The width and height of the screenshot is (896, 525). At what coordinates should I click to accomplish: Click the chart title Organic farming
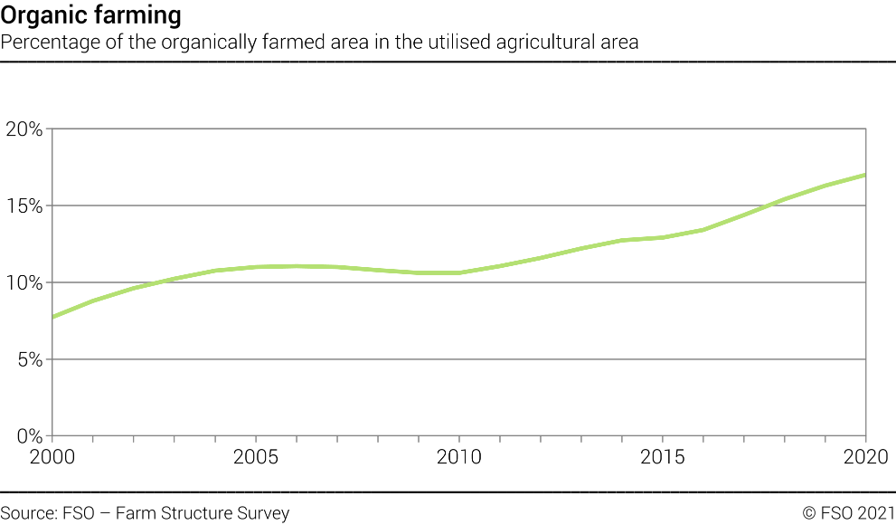pos(90,15)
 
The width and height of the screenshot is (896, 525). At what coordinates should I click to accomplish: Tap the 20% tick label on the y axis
pos(24,129)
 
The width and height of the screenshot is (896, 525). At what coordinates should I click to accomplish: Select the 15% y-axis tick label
pos(24,205)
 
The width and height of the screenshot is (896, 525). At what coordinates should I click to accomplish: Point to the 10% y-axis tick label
pos(24,282)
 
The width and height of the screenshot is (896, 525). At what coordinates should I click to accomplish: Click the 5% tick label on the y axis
pos(29,359)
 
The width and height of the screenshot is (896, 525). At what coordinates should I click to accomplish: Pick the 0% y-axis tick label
pos(29,435)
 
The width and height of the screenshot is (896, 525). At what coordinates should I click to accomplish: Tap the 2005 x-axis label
pos(257,456)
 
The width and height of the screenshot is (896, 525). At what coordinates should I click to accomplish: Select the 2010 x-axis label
pos(459,456)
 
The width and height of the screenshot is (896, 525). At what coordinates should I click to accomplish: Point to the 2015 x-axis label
pos(663,456)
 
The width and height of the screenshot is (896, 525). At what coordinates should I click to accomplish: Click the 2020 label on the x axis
pos(866,456)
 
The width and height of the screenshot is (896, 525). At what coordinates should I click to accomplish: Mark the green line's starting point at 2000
pos(53,317)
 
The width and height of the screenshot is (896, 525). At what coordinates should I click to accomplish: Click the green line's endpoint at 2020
pos(865,175)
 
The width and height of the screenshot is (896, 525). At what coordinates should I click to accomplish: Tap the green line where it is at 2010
pos(459,272)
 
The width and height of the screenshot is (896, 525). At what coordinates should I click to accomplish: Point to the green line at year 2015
pos(663,238)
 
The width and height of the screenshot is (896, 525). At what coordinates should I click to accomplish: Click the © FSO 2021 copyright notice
pos(848,513)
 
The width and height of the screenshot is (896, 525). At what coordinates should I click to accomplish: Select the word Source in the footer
pos(28,513)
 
